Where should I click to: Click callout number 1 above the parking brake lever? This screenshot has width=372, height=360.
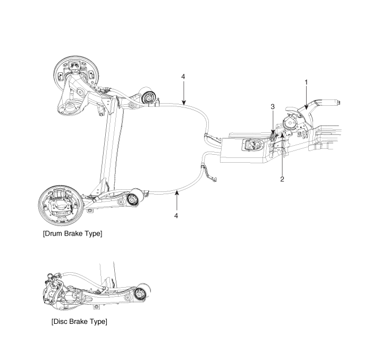coord(306,82)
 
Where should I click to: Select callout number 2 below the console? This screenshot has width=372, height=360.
coord(282,179)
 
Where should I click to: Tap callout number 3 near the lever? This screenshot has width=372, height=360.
coord(273,107)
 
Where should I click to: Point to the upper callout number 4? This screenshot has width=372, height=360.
coord(183,77)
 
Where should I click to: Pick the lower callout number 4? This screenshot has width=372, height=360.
coord(176,215)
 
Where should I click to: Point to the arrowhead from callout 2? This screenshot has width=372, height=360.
coord(282,136)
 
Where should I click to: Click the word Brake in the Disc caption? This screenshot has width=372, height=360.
coord(78,322)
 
